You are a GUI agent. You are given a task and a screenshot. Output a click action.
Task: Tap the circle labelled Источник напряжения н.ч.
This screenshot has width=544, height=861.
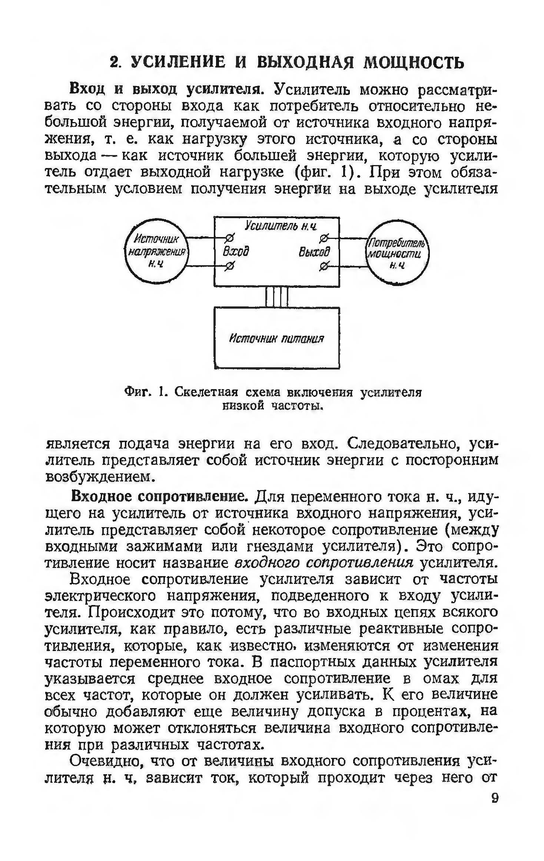pos(156,251)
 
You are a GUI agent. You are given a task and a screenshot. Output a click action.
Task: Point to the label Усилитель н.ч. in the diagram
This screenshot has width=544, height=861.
pos(281,226)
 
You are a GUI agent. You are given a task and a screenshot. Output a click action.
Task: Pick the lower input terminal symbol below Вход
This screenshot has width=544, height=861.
pos(230,266)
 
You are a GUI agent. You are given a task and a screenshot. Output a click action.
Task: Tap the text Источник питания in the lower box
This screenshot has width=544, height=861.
pos(276,339)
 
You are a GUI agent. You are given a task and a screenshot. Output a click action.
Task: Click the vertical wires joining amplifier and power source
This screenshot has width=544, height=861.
pos(276,297)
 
